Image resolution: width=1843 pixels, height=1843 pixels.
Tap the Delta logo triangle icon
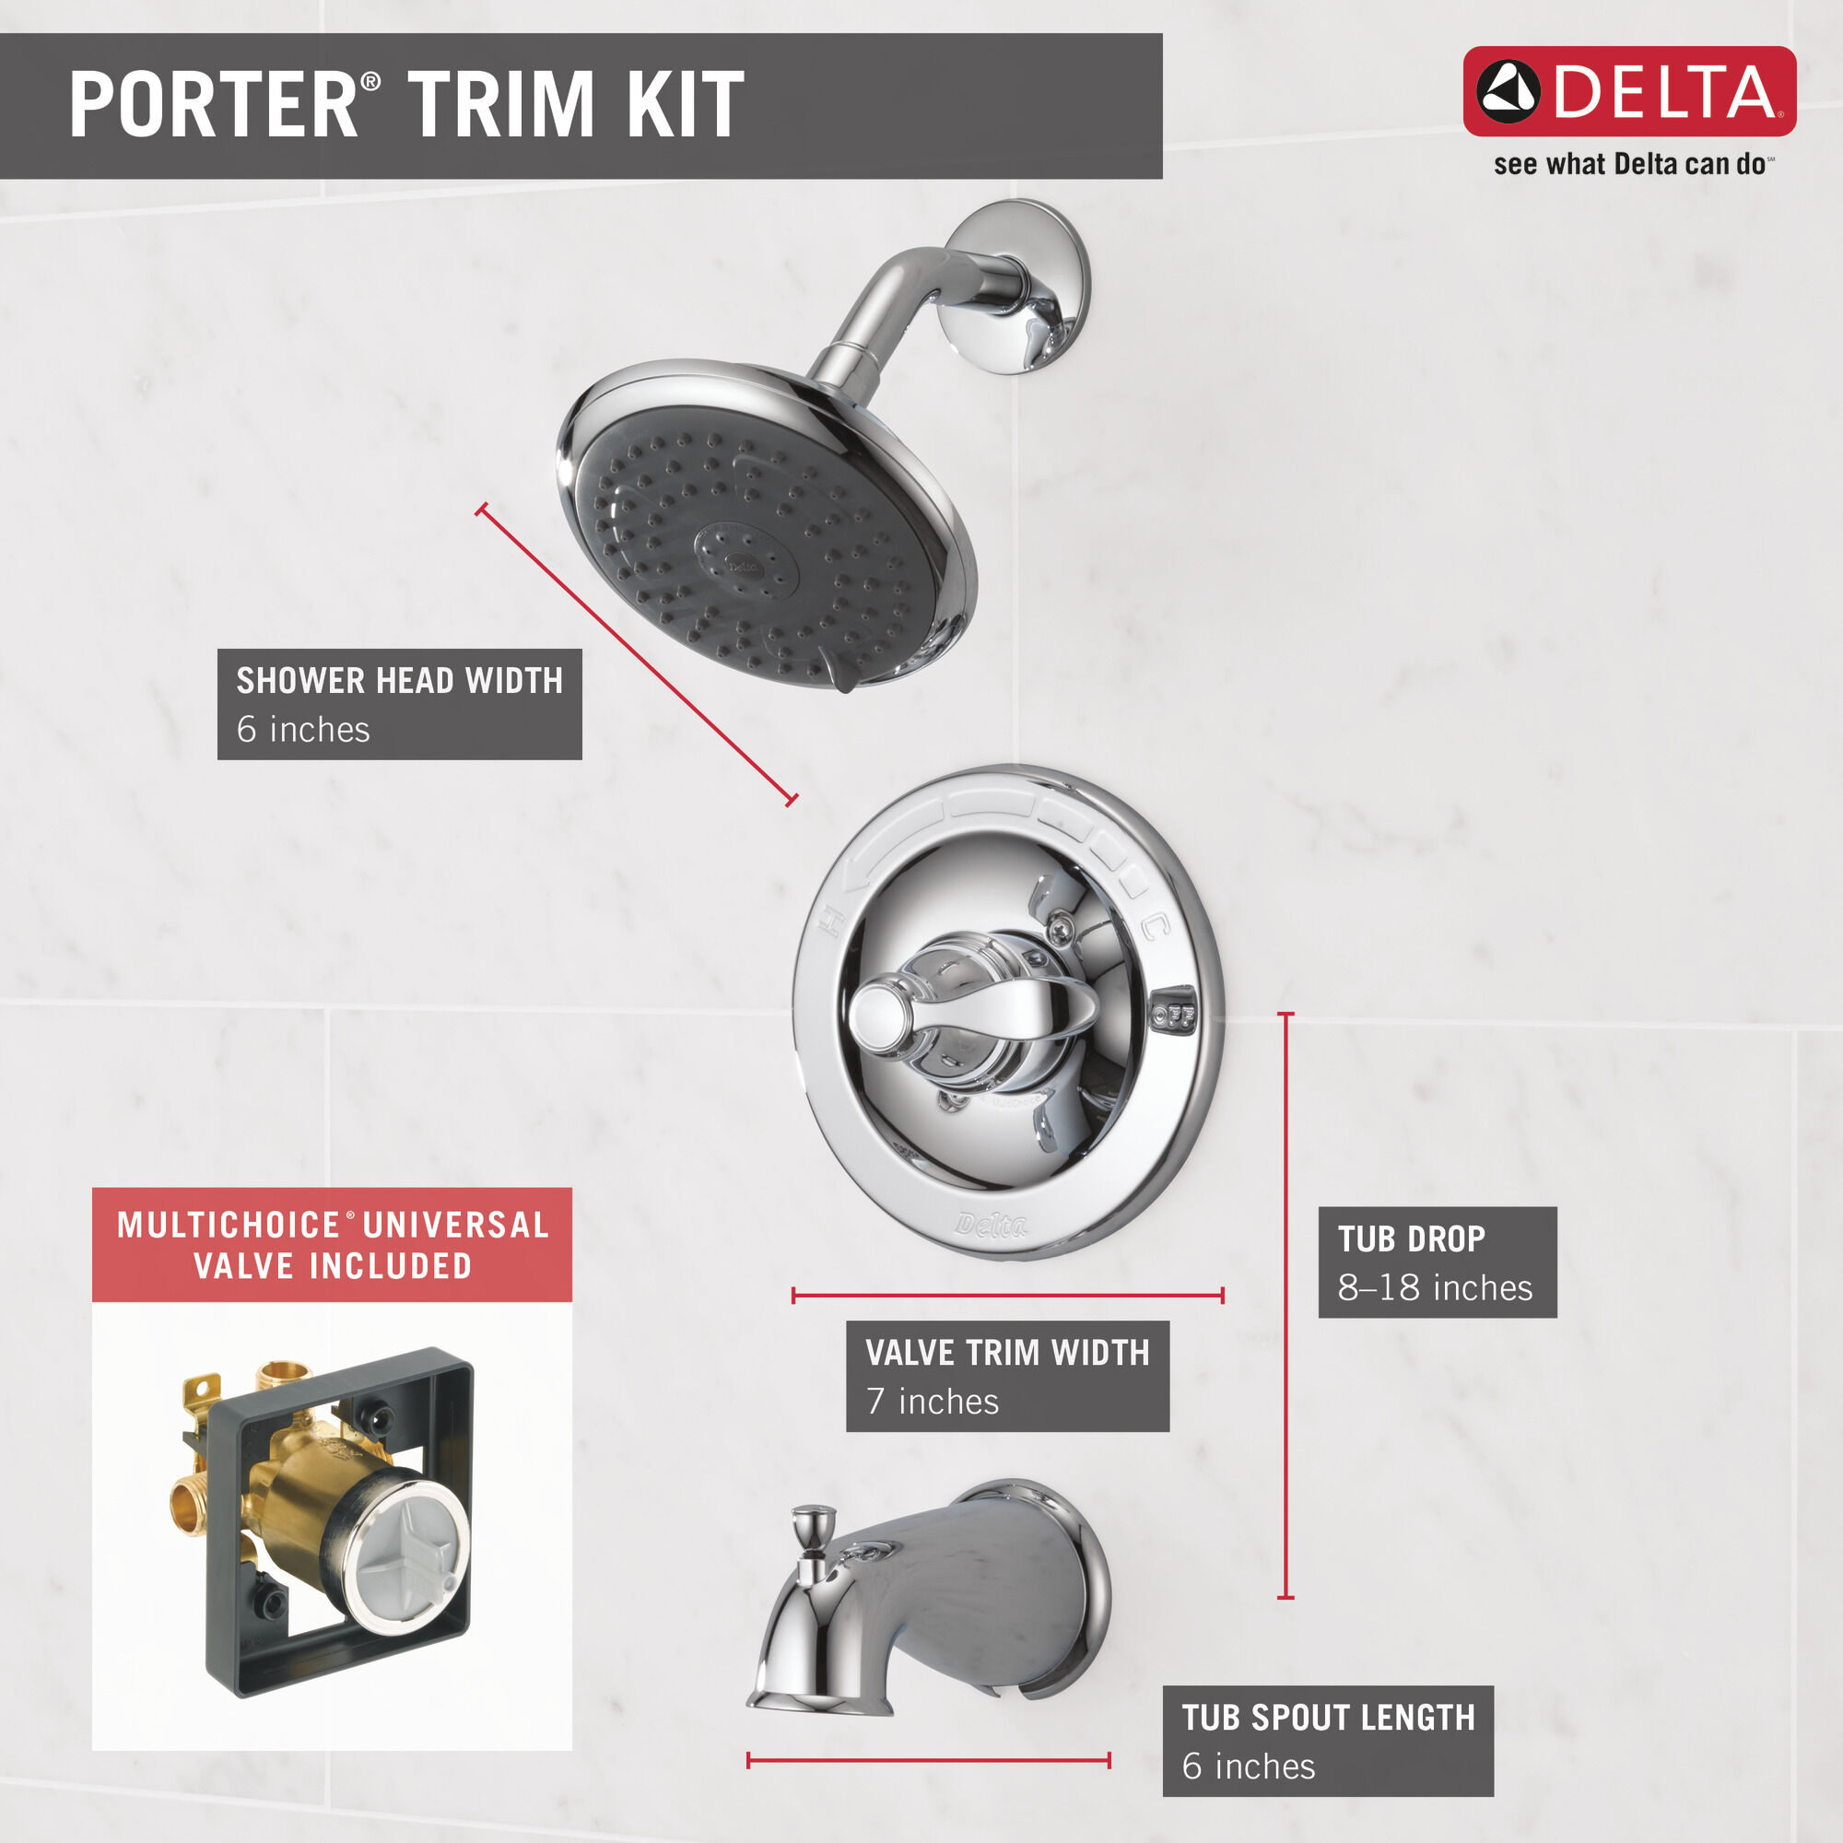(x=1508, y=92)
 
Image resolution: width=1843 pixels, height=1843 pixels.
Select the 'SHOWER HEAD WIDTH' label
(x=399, y=681)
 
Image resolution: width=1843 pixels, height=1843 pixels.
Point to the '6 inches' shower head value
(x=302, y=730)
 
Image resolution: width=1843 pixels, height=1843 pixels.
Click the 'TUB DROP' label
(x=1411, y=1239)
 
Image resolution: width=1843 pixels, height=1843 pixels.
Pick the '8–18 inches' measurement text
(x=1435, y=1288)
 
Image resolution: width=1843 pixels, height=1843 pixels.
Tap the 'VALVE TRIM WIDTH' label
(x=1007, y=1353)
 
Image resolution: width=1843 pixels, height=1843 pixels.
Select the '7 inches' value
(x=932, y=1402)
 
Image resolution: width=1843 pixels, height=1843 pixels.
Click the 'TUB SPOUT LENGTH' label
(x=1328, y=1718)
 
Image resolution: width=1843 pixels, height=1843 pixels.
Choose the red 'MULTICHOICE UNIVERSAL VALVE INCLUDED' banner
(x=332, y=1245)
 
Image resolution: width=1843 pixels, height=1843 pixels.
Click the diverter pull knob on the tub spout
(x=813, y=1521)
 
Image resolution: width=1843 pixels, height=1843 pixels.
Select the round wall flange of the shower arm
(x=1020, y=287)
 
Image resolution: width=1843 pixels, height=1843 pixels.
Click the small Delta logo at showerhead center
(x=742, y=566)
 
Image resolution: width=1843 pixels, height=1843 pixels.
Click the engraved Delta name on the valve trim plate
(x=992, y=1225)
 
